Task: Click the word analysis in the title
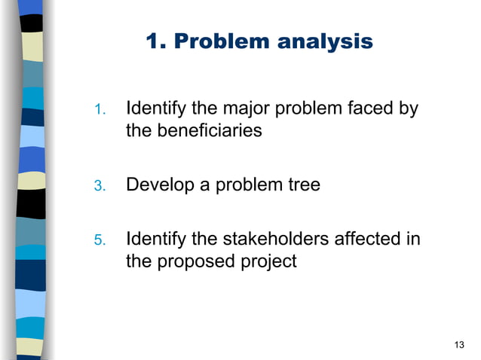click(x=326, y=42)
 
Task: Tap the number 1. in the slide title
click(x=155, y=42)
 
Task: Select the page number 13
click(x=460, y=345)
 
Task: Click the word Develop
click(x=157, y=185)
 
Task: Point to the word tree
click(x=302, y=185)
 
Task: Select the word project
click(x=269, y=262)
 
